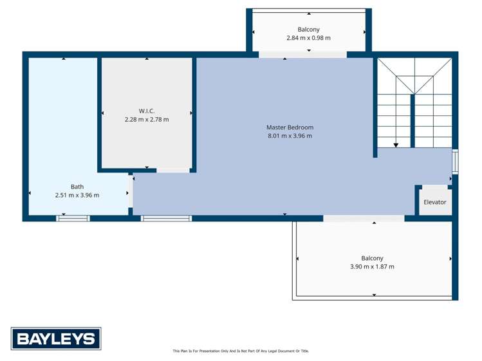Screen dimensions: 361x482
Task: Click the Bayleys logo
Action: click(x=56, y=338)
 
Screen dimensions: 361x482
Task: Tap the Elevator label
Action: click(x=434, y=202)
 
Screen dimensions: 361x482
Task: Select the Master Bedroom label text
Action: click(x=290, y=127)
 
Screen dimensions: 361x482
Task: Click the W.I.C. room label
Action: click(x=147, y=111)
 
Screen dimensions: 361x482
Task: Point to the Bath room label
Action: click(x=77, y=187)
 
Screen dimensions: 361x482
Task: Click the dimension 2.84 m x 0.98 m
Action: click(x=308, y=38)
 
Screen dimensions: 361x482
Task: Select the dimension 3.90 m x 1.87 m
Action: click(x=372, y=266)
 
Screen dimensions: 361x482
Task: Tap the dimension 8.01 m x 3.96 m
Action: click(x=290, y=136)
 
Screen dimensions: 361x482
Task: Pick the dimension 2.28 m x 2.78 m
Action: click(x=147, y=119)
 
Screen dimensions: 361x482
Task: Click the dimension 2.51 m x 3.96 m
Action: click(x=77, y=195)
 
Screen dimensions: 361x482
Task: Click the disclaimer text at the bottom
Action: click(x=241, y=351)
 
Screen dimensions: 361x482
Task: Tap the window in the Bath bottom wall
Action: click(x=73, y=218)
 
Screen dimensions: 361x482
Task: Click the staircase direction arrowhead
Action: click(x=395, y=145)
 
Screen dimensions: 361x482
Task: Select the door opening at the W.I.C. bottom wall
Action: click(x=173, y=170)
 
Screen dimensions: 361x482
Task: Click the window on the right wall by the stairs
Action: click(x=455, y=162)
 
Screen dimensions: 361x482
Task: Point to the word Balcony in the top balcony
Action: click(x=308, y=30)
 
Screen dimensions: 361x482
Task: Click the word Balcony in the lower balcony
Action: click(x=372, y=258)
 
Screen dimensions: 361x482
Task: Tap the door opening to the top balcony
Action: click(x=302, y=55)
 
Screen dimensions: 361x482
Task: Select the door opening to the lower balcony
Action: click(x=364, y=218)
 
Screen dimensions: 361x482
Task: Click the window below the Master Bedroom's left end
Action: click(x=166, y=218)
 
